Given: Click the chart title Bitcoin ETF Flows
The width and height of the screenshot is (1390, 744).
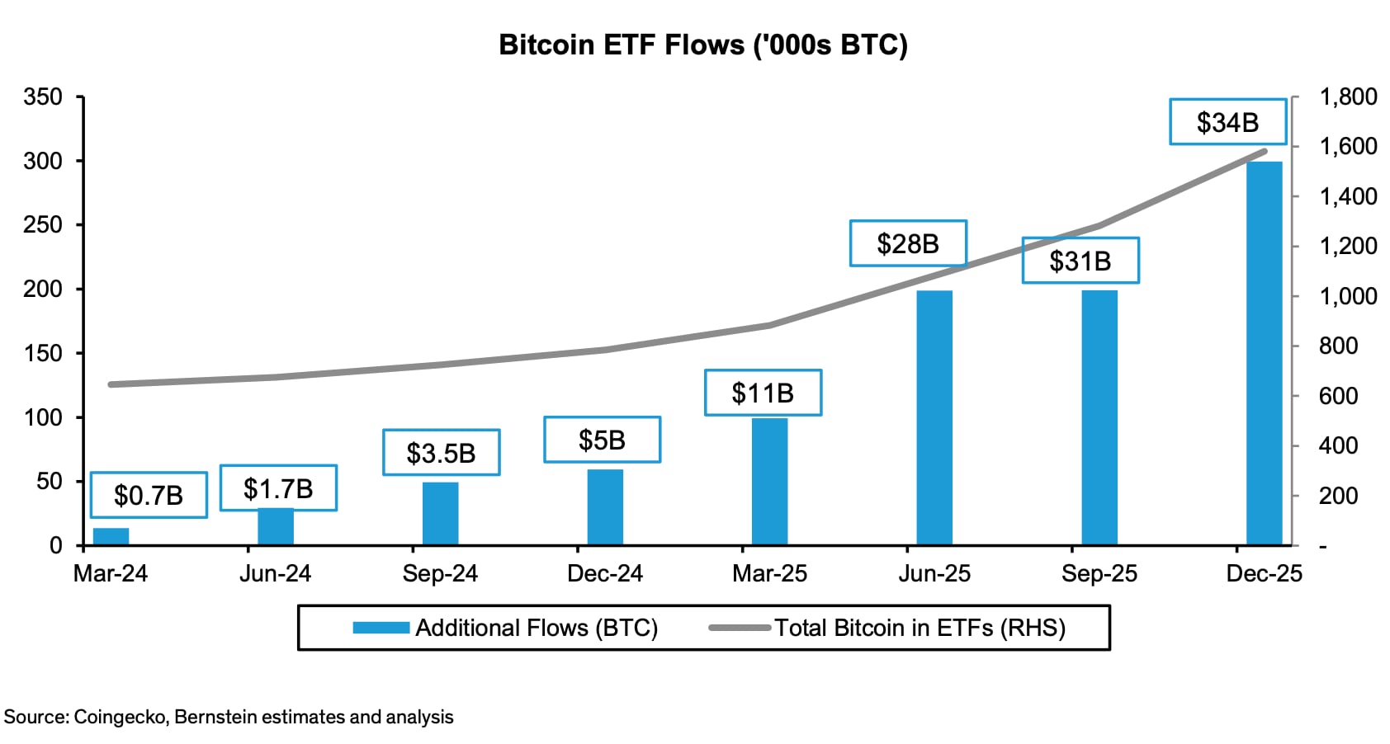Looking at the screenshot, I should pyautogui.click(x=702, y=45).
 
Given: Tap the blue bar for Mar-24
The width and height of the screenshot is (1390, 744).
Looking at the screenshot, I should pyautogui.click(x=111, y=536).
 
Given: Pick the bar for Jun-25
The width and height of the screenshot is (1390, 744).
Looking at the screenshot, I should pyautogui.click(x=934, y=417).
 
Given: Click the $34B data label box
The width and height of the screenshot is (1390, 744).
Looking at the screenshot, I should pyautogui.click(x=1227, y=122).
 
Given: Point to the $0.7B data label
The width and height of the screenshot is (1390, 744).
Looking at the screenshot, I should pyautogui.click(x=149, y=495).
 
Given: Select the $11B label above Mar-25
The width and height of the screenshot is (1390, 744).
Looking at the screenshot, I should pyautogui.click(x=763, y=393).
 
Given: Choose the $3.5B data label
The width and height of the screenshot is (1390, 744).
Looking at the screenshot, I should pyautogui.click(x=441, y=453).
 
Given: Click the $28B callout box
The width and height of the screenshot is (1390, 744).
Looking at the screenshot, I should pyautogui.click(x=908, y=243).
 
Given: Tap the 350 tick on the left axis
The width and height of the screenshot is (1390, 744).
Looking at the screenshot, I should pyautogui.click(x=43, y=97).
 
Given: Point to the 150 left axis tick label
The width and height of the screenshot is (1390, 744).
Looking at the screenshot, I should pyautogui.click(x=43, y=353).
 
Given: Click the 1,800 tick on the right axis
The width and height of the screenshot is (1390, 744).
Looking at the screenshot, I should pyautogui.click(x=1348, y=97).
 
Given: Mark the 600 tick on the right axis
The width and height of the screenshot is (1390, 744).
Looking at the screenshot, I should pyautogui.click(x=1338, y=396).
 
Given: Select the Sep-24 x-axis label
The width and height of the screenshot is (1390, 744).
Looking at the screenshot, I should pyautogui.click(x=440, y=573).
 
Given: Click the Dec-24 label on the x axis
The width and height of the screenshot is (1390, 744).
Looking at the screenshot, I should pyautogui.click(x=605, y=573).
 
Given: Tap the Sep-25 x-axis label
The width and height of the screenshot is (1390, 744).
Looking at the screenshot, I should pyautogui.click(x=1099, y=573).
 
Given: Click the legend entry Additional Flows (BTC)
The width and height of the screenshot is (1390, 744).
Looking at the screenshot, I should pyautogui.click(x=536, y=629).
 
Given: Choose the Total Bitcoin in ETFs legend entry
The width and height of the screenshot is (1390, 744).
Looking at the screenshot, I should pyautogui.click(x=920, y=629).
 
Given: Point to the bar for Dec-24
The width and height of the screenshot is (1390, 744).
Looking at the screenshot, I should pyautogui.click(x=605, y=507).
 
